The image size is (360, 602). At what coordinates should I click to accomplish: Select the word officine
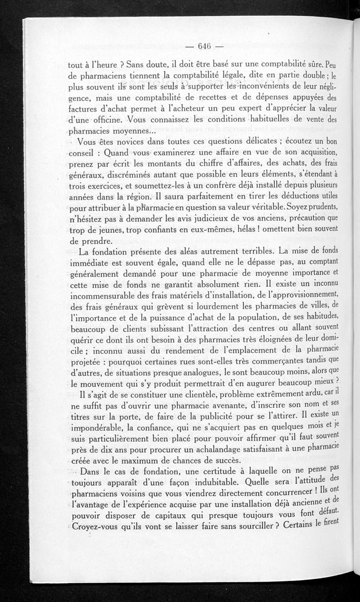point(103,120)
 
